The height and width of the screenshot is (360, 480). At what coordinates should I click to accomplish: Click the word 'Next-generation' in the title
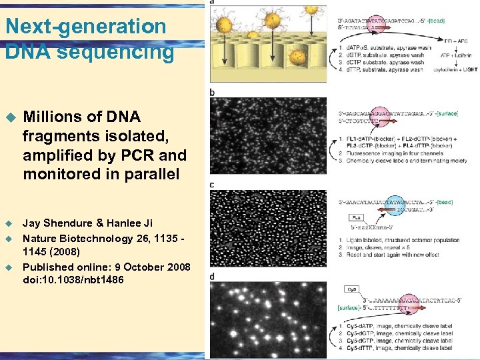tap(85, 27)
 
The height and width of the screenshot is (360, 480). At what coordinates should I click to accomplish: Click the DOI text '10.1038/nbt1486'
tap(83, 280)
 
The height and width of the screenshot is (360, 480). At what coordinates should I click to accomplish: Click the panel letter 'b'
tap(213, 92)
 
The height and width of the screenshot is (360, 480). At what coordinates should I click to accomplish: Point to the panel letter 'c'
tap(213, 185)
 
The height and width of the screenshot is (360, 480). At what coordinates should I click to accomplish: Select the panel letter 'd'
tap(213, 276)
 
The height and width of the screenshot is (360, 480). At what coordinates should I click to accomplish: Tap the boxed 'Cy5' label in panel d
tap(351, 289)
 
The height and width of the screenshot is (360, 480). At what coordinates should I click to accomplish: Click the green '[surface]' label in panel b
tap(447, 113)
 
